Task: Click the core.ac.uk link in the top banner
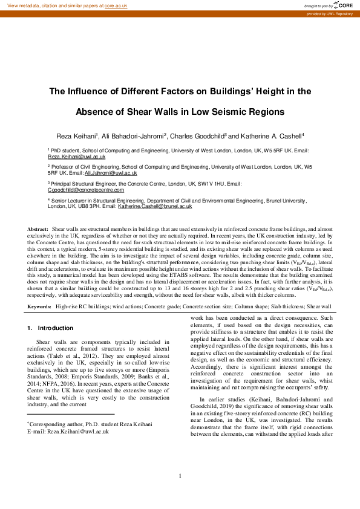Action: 116,5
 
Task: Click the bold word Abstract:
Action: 38,230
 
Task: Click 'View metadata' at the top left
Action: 22,5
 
